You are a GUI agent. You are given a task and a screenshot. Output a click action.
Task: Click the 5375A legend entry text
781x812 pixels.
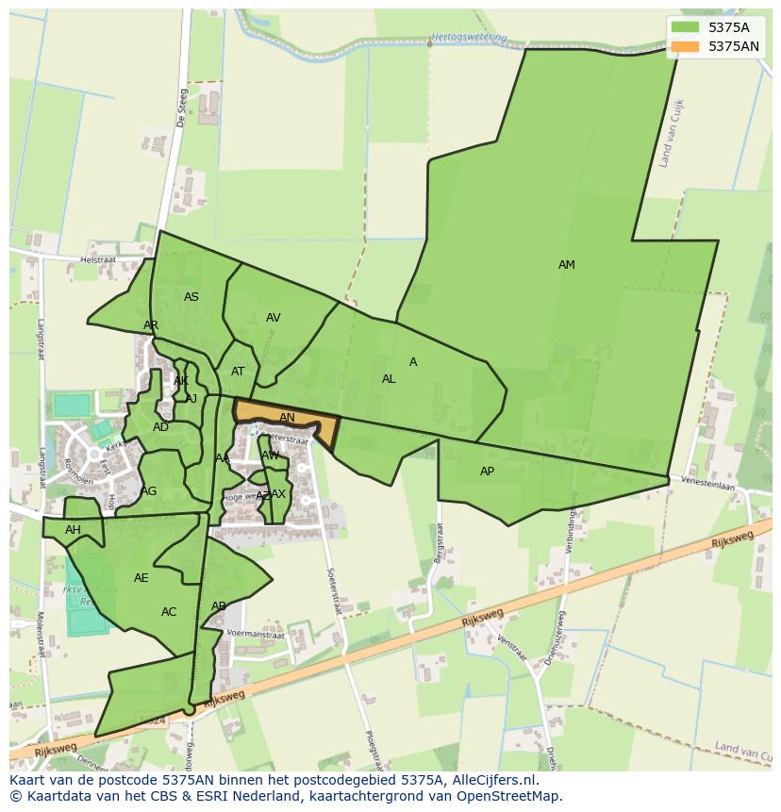[x=728, y=27]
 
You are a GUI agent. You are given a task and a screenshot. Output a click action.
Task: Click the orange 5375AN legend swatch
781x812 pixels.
[x=686, y=46]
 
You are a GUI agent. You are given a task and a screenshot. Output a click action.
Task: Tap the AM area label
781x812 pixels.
[x=566, y=265]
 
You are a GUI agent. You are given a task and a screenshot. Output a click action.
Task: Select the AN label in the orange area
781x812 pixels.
[x=287, y=418]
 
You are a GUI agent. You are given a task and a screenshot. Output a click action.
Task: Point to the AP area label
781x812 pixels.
[x=487, y=472]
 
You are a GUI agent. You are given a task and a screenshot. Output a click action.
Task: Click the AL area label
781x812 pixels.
[x=389, y=379]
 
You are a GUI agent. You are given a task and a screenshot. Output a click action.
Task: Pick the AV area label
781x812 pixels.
[x=273, y=318]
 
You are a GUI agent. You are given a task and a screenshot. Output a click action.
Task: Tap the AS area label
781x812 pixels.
[x=191, y=297]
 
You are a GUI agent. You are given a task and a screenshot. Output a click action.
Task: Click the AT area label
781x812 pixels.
[x=238, y=372]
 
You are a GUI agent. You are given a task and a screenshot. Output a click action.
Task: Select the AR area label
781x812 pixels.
[x=151, y=325]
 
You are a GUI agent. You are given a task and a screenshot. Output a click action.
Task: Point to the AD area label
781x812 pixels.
[x=160, y=427]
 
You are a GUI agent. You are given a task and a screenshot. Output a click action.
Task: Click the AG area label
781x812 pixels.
[x=149, y=491]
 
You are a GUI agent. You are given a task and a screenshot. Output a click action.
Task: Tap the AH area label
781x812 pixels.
[x=73, y=530]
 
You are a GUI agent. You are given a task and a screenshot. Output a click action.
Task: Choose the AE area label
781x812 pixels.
[x=141, y=578]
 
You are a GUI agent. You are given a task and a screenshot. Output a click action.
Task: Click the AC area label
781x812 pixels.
[x=169, y=612]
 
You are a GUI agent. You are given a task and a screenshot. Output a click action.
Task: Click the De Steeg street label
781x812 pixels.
[x=181, y=108]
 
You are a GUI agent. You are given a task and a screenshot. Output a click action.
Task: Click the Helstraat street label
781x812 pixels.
[x=97, y=259]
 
